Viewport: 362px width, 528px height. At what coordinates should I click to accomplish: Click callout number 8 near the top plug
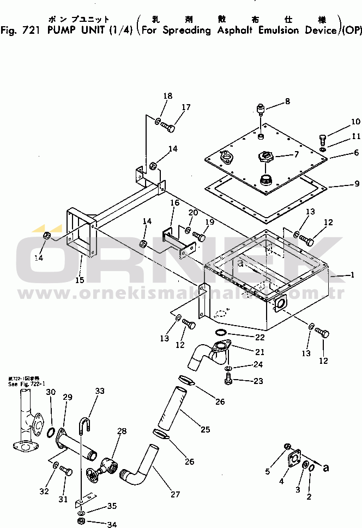(x=287, y=101)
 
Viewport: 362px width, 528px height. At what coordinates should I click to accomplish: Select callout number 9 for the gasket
(x=357, y=184)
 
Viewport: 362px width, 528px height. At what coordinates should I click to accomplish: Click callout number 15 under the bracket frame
(x=80, y=280)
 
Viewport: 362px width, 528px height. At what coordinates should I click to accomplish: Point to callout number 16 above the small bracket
(x=174, y=203)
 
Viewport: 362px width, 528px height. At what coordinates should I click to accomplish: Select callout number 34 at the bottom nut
(x=112, y=525)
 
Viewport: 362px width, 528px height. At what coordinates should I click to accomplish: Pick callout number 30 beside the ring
(x=51, y=392)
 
